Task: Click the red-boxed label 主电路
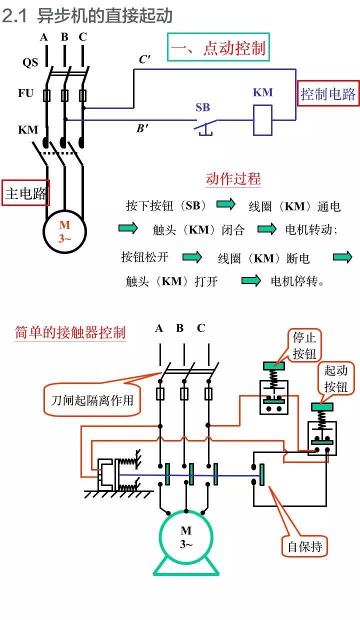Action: click(x=25, y=193)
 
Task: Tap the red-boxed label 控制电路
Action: click(x=327, y=93)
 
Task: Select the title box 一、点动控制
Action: click(x=218, y=47)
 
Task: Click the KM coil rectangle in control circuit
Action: click(x=262, y=120)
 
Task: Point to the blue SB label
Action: click(x=202, y=107)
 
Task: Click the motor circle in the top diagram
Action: click(x=64, y=231)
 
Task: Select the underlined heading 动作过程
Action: click(x=233, y=179)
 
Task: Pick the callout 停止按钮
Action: click(x=304, y=345)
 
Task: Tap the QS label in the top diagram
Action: click(x=30, y=62)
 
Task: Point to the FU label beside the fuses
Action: click(x=25, y=93)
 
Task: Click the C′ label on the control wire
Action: click(x=144, y=59)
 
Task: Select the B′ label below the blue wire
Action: click(x=142, y=128)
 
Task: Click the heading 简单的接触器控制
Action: click(x=70, y=332)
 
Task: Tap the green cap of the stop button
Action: click(x=273, y=365)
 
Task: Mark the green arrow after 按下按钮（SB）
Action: click(x=225, y=204)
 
